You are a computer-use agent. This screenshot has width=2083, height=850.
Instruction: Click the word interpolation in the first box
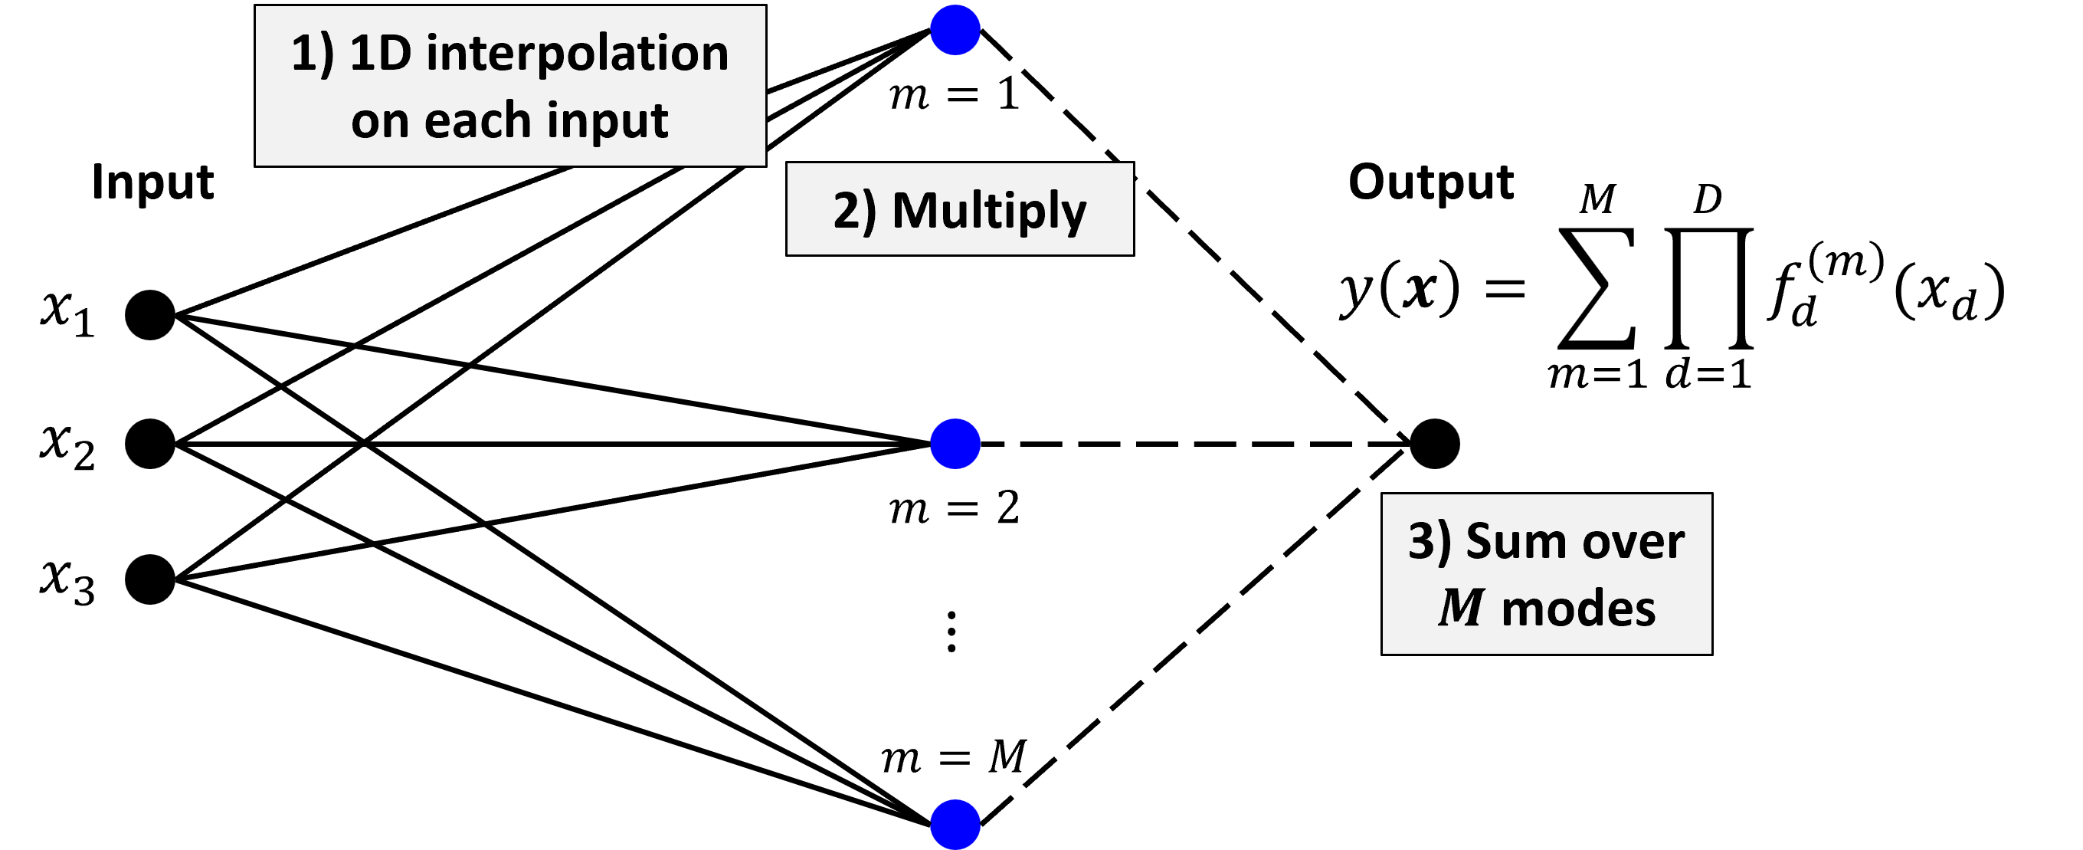[x=577, y=54]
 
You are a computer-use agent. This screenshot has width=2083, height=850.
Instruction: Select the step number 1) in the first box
[x=312, y=54]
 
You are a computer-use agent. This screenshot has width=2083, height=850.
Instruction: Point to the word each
[x=477, y=120]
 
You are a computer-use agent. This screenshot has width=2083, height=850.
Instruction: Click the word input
[x=607, y=120]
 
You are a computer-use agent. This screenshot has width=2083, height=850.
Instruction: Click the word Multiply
[x=989, y=211]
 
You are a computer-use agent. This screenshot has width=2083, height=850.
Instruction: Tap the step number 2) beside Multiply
[x=855, y=211]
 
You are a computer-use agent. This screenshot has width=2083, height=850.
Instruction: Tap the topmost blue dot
[x=955, y=30]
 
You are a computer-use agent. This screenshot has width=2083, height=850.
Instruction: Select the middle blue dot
[x=955, y=444]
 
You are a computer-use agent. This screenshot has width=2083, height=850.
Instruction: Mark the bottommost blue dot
[x=955, y=825]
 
